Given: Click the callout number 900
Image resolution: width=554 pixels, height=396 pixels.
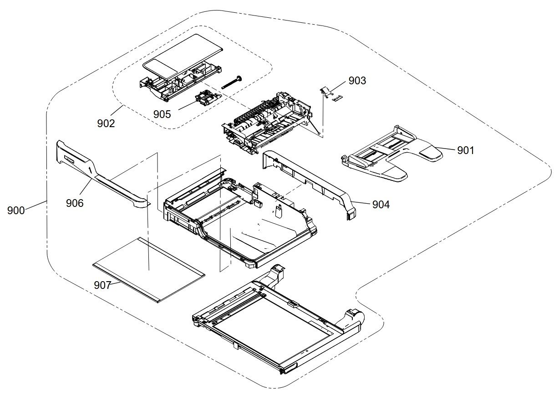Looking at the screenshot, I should click(x=16, y=211).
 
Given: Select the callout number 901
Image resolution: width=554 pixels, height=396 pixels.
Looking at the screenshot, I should click(x=466, y=150).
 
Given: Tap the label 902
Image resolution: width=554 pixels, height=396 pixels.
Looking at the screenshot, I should click(x=106, y=123).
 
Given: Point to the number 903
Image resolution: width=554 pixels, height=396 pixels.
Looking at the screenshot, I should click(x=357, y=81).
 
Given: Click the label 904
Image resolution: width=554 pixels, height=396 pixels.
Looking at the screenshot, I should click(x=381, y=205).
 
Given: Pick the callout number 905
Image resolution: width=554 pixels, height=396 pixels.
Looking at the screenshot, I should click(x=162, y=114).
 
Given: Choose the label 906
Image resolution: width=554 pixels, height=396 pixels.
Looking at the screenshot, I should click(x=75, y=203).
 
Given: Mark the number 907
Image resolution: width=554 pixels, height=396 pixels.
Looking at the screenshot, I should click(x=102, y=285).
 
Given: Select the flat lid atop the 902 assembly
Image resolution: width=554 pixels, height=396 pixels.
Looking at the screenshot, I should click(x=187, y=52).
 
